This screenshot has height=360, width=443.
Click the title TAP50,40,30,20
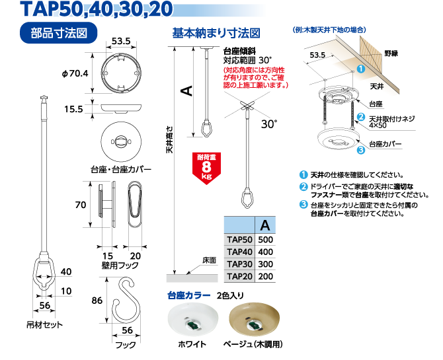(97, 9)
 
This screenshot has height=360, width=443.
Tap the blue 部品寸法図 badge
(59, 33)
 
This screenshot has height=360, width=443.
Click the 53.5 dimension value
(317, 55)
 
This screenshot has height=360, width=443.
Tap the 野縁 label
(391, 52)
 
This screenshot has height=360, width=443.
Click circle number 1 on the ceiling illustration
(361, 69)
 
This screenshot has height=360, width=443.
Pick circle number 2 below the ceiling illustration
(361, 118)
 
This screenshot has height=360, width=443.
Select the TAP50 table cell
(239, 240)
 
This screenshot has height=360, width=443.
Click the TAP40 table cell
(239, 252)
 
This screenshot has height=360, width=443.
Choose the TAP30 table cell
(239, 264)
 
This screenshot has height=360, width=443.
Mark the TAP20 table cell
(239, 277)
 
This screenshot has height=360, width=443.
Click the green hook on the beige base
(255, 325)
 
